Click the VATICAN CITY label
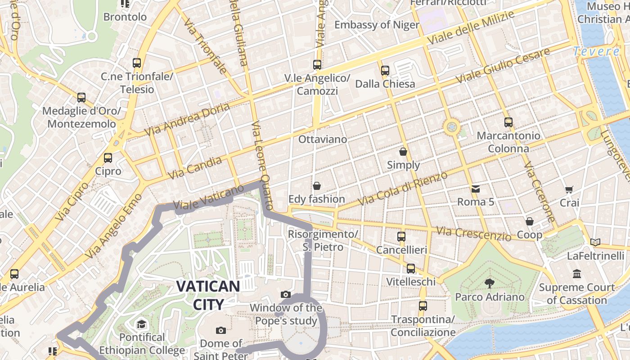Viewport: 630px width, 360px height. (x=208, y=295)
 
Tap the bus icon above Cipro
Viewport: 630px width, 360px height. (x=108, y=158)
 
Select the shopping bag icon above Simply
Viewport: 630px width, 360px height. (x=403, y=152)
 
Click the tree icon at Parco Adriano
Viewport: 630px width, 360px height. (x=489, y=283)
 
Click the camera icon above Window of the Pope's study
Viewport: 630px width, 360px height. (x=285, y=294)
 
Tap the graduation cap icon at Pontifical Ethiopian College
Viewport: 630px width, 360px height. (x=142, y=324)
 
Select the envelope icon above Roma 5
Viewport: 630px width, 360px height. (x=476, y=189)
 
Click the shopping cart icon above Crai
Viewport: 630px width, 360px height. (x=569, y=190)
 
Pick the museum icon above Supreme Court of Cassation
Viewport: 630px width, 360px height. (x=577, y=274)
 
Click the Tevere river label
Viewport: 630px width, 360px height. (x=597, y=51)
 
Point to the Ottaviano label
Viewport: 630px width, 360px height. (x=323, y=139)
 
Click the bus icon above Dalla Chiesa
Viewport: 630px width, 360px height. (x=385, y=71)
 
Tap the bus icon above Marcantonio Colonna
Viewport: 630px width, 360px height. (x=508, y=122)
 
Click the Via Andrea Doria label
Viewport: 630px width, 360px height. (x=187, y=119)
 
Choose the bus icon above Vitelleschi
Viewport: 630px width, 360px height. (x=411, y=269)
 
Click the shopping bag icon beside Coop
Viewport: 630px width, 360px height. (x=530, y=221)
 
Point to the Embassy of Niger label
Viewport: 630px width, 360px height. (x=377, y=25)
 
